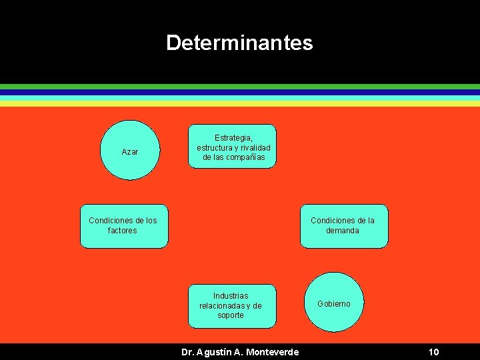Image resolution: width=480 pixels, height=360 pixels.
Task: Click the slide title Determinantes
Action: (x=239, y=43)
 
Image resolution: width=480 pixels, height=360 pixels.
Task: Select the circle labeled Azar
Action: (x=130, y=151)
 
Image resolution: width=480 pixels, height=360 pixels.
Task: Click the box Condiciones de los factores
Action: (x=124, y=226)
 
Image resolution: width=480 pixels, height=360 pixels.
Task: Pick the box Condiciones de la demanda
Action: (x=343, y=226)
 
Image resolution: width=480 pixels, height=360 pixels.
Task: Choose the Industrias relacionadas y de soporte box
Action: (x=231, y=306)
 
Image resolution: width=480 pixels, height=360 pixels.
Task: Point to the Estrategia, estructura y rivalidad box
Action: (x=231, y=146)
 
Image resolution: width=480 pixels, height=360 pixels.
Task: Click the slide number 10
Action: (x=433, y=352)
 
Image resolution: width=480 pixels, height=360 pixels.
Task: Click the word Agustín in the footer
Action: (x=215, y=352)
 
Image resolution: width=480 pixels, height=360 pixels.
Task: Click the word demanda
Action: (x=343, y=231)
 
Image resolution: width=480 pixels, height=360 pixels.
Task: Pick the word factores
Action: (x=122, y=231)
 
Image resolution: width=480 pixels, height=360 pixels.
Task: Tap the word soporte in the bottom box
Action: (x=231, y=315)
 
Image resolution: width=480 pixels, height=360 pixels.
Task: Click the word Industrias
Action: (x=231, y=296)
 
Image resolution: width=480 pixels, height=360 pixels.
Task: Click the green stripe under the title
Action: (x=240, y=87)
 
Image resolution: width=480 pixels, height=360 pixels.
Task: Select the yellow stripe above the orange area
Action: (x=240, y=103)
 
